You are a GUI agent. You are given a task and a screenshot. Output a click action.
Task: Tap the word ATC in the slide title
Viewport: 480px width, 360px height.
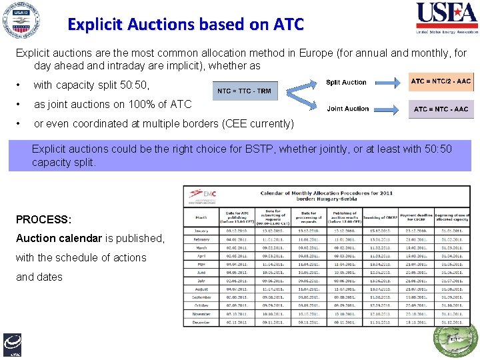coord(288,25)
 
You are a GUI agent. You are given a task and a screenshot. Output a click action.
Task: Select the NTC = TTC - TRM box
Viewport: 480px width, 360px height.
coord(245,91)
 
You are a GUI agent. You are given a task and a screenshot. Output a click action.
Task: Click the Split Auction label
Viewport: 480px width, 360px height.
coord(346,83)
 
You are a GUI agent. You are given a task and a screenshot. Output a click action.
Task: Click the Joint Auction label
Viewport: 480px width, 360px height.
coord(347,109)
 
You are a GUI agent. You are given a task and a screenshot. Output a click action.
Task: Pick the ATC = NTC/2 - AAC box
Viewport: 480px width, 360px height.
coord(441,81)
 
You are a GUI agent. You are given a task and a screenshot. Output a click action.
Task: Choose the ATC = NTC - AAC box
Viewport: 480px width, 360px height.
coord(441,109)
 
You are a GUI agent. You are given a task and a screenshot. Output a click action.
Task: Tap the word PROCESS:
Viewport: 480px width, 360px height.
coord(43,219)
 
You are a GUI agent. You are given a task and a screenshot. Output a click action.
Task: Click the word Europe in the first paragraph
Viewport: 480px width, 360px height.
coord(299,53)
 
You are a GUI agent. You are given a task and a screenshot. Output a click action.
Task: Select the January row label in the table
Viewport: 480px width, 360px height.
coord(201,230)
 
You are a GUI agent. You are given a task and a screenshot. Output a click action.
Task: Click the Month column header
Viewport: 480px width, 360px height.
coord(201,217)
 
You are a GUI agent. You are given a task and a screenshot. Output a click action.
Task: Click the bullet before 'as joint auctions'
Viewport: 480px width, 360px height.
coord(19,105)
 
